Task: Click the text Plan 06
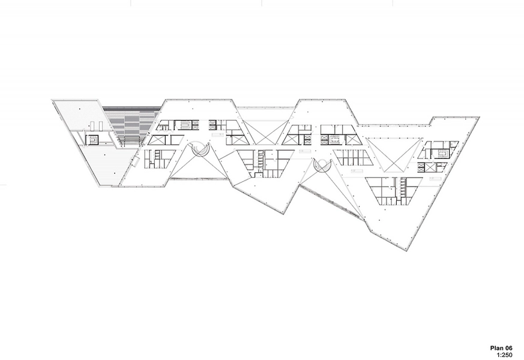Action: pyautogui.click(x=501, y=347)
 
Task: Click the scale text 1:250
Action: pyautogui.click(x=504, y=354)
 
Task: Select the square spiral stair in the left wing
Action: pyautogui.click(x=93, y=140)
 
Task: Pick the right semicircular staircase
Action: pyautogui.click(x=322, y=166)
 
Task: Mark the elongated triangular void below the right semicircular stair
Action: pyautogui.click(x=336, y=192)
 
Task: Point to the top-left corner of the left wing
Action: pyautogui.click(x=52, y=101)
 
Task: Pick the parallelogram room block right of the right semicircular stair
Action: pyautogui.click(x=354, y=158)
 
